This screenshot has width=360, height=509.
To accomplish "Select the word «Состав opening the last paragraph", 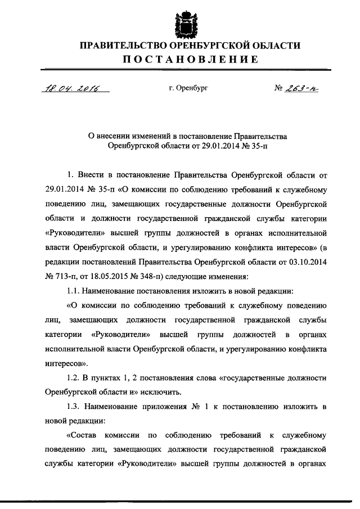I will coord(85,437).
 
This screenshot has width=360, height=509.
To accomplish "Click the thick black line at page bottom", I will coord(180,502).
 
